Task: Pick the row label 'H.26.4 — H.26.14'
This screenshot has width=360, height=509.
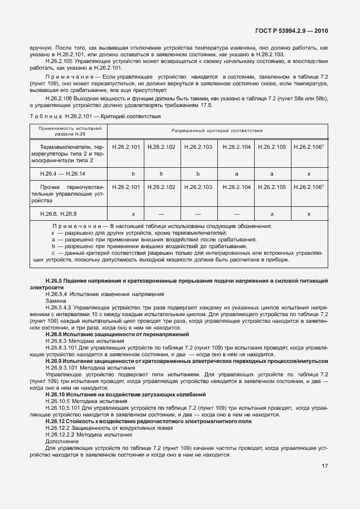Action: tap(62, 173)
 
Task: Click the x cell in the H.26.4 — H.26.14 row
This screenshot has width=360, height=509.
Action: tap(309, 173)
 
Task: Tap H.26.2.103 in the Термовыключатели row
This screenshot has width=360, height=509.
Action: tap(198, 147)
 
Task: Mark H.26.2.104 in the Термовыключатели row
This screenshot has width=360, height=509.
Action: tap(236, 147)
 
